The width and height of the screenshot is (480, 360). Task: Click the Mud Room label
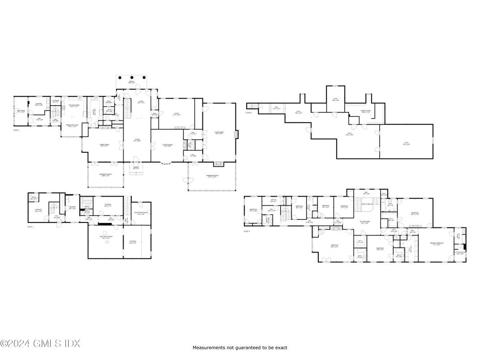[21, 111]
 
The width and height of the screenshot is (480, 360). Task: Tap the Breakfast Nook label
[72, 125]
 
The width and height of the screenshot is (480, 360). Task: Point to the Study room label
[177, 114]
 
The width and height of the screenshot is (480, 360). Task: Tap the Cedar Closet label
[366, 111]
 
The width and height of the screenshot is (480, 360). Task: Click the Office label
[273, 201]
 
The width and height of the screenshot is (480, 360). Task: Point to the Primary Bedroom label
[436, 244]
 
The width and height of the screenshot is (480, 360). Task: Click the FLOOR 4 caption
[249, 113]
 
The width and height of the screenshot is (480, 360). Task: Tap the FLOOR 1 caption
[30, 227]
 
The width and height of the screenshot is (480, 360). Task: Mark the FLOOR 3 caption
[247, 231]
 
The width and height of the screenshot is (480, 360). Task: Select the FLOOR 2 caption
[17, 130]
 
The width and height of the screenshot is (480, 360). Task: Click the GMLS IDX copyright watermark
[40, 344]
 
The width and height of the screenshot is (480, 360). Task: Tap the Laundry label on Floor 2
[39, 104]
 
